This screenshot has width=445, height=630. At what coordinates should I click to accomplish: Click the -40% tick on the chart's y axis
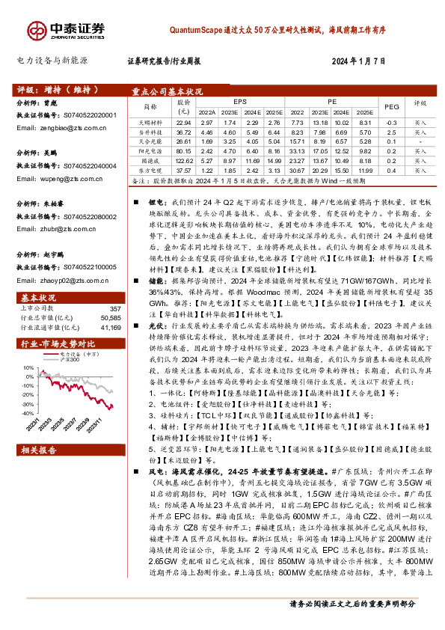click(x=27, y=413)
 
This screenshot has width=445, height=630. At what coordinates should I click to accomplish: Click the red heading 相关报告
click(x=34, y=450)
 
